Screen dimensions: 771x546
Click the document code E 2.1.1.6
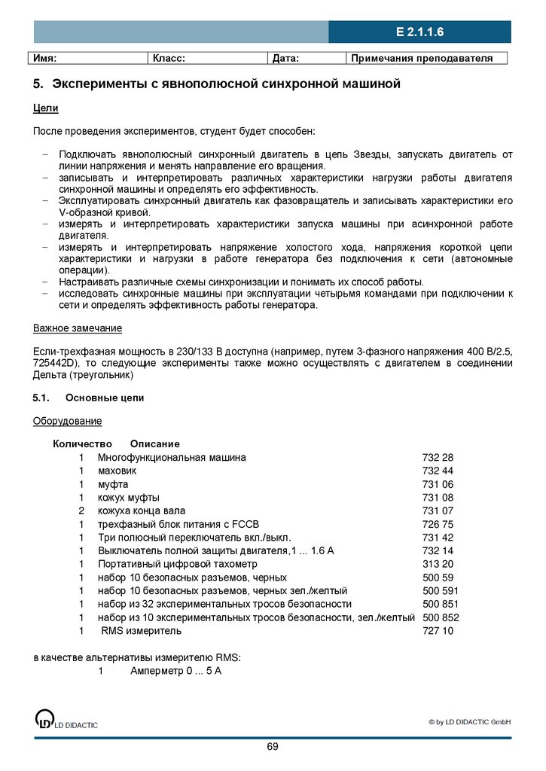pyautogui.click(x=419, y=32)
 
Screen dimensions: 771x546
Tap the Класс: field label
pyautogui.click(x=169, y=58)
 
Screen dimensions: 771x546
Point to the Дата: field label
pyautogui.click(x=285, y=58)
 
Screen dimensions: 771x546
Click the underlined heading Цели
pyautogui.click(x=45, y=108)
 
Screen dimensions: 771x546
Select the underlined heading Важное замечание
pyautogui.click(x=77, y=329)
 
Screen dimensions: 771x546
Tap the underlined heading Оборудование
pyautogui.click(x=67, y=421)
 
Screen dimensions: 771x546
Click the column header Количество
pyautogui.click(x=82, y=443)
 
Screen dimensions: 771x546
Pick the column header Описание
pyautogui.click(x=154, y=443)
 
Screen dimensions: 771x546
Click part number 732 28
pyautogui.click(x=438, y=457)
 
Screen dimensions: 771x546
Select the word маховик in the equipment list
pyautogui.click(x=117, y=471)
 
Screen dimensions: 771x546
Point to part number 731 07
pyautogui.click(x=438, y=511)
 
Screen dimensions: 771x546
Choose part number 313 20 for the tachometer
pyautogui.click(x=438, y=563)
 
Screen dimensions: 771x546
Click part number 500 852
pyautogui.click(x=441, y=617)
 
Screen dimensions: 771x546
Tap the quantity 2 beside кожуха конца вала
pyautogui.click(x=81, y=511)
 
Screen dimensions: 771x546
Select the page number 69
pyautogui.click(x=272, y=747)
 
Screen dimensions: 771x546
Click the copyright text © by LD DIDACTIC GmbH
pyautogui.click(x=470, y=722)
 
